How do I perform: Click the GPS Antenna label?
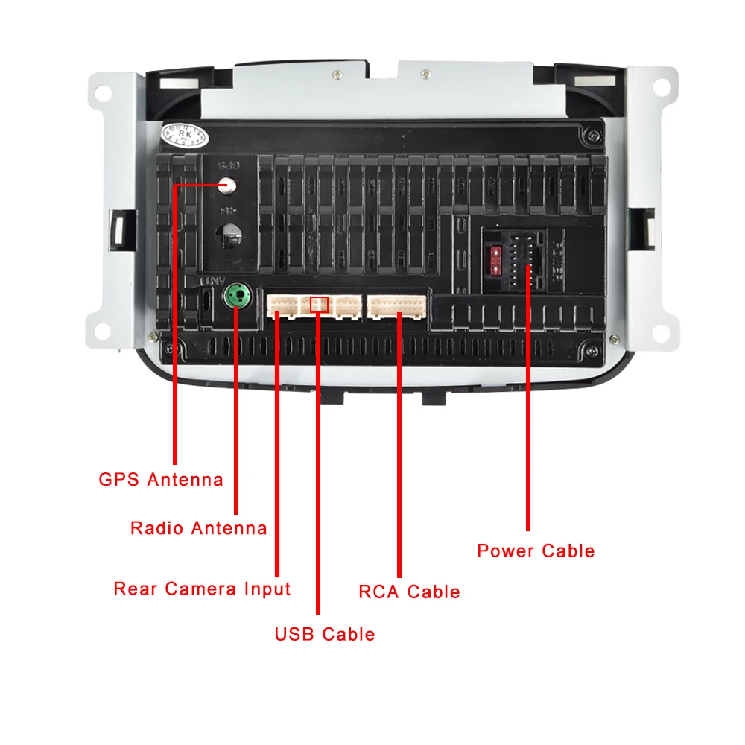click(161, 479)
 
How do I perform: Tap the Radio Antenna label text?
click(198, 528)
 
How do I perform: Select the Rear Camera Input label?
click(202, 589)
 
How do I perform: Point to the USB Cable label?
click(324, 634)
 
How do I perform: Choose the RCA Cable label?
click(409, 592)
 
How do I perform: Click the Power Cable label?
click(536, 551)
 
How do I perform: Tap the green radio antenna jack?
click(236, 295)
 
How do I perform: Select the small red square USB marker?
click(319, 304)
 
